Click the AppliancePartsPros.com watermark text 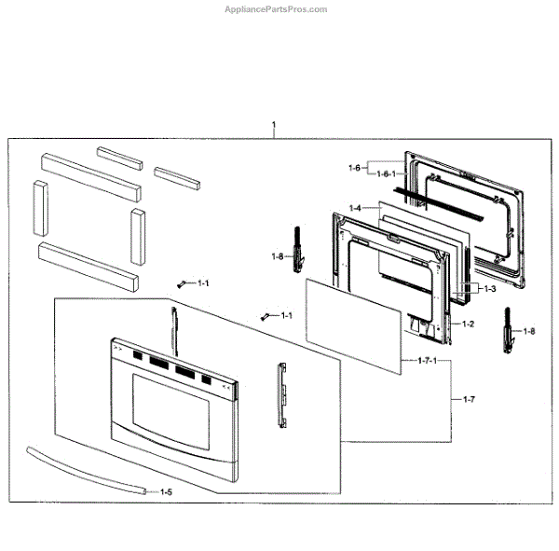(x=277, y=9)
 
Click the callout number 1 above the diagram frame (x=273, y=125)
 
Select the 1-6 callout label (x=354, y=168)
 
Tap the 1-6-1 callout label (x=387, y=173)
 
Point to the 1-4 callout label (x=355, y=208)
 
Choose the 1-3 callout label (x=488, y=289)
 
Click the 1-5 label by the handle (x=166, y=491)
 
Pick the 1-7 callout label (x=469, y=399)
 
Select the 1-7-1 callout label (x=427, y=361)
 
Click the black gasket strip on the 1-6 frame (x=439, y=203)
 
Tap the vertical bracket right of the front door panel (x=279, y=395)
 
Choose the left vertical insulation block (x=40, y=209)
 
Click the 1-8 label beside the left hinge (x=278, y=256)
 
